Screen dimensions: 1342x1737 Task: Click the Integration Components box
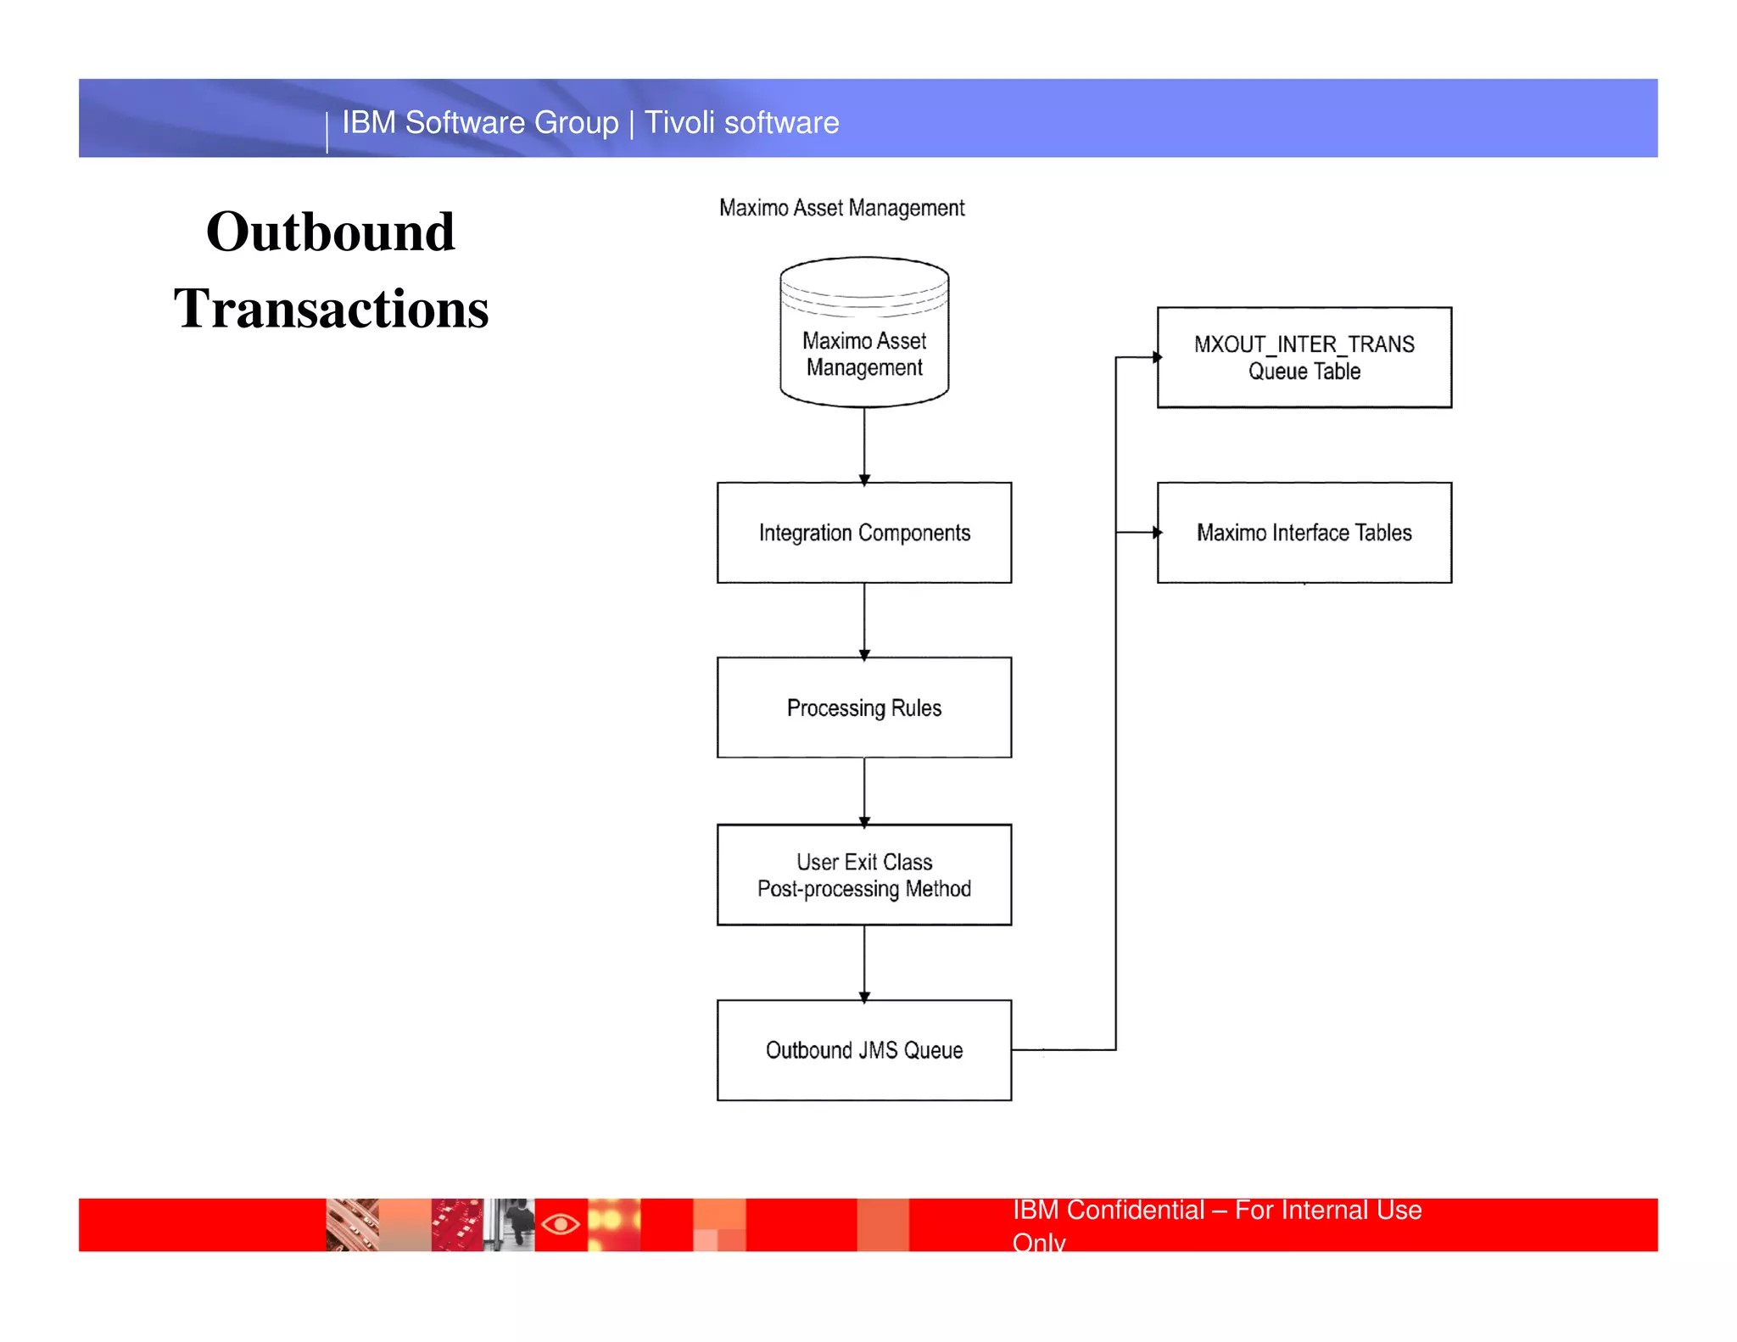click(863, 533)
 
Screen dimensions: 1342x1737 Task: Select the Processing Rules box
click(863, 707)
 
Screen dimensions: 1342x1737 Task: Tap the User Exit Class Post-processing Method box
click(863, 875)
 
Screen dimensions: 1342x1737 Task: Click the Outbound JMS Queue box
click(863, 1050)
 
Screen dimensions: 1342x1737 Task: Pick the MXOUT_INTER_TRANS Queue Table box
click(1304, 357)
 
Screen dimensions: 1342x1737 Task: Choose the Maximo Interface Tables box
click(1304, 533)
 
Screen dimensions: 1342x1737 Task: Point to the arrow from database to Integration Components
click(864, 445)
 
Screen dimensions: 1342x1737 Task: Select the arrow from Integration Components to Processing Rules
click(864, 620)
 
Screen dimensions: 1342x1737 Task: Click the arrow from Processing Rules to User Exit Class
click(864, 791)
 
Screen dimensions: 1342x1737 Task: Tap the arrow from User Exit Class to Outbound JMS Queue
click(864, 963)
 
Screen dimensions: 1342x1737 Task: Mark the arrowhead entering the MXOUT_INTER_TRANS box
click(1156, 357)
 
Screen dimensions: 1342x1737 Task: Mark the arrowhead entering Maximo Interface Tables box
click(1156, 533)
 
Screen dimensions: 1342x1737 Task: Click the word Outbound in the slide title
click(331, 232)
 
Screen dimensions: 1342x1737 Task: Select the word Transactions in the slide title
click(331, 308)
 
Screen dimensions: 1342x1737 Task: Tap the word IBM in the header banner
click(369, 123)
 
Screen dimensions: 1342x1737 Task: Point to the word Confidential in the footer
click(1135, 1210)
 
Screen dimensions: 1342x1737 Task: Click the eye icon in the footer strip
click(561, 1224)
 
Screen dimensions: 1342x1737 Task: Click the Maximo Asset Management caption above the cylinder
click(841, 208)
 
